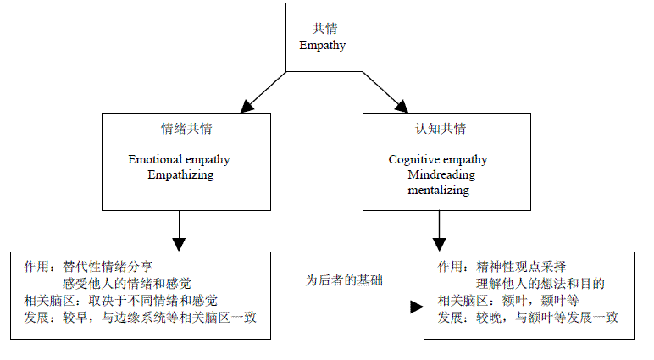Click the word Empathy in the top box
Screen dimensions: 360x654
point(323,45)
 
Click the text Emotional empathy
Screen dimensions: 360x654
point(179,159)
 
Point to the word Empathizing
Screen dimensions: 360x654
point(180,175)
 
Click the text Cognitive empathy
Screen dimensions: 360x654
point(438,159)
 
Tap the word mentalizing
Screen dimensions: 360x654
point(438,191)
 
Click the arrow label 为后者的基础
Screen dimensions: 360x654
point(344,280)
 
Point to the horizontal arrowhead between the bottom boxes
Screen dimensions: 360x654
point(416,307)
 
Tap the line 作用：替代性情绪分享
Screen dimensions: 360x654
point(89,266)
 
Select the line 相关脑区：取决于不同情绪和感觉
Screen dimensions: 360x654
point(121,300)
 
